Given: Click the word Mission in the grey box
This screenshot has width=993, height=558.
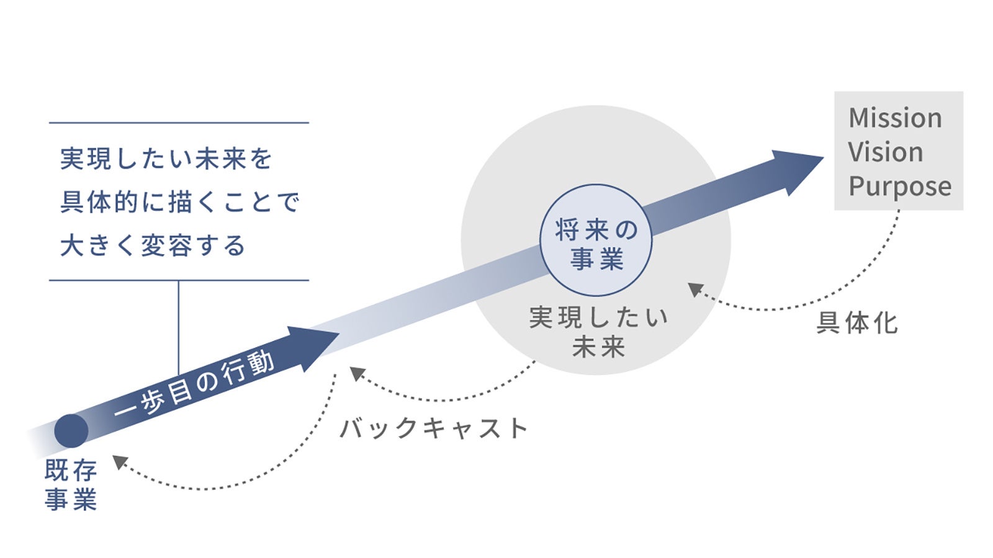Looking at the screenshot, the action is click(894, 118).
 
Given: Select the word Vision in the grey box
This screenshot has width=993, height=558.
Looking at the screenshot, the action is click(885, 152).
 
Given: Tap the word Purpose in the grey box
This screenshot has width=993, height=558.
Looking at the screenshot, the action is click(899, 186).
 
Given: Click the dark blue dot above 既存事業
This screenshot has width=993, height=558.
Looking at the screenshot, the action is click(71, 431).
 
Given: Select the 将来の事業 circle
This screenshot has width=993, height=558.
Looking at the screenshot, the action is click(596, 240).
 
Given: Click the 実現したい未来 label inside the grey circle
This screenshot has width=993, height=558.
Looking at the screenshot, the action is click(598, 332).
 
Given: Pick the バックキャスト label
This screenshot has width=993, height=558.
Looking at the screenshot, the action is click(434, 428).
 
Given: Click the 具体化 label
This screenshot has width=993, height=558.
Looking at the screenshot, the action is click(856, 323).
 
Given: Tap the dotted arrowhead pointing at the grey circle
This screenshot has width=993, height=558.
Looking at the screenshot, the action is click(696, 289).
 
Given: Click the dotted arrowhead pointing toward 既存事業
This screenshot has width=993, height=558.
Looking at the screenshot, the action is click(119, 462).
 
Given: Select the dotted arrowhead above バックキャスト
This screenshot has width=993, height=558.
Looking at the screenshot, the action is click(357, 373).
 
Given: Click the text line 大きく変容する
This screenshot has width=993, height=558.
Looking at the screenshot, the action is click(153, 246).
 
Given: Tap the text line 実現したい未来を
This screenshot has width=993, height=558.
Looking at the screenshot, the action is click(166, 159).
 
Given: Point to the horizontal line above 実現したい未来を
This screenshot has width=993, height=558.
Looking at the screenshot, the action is click(179, 123).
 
